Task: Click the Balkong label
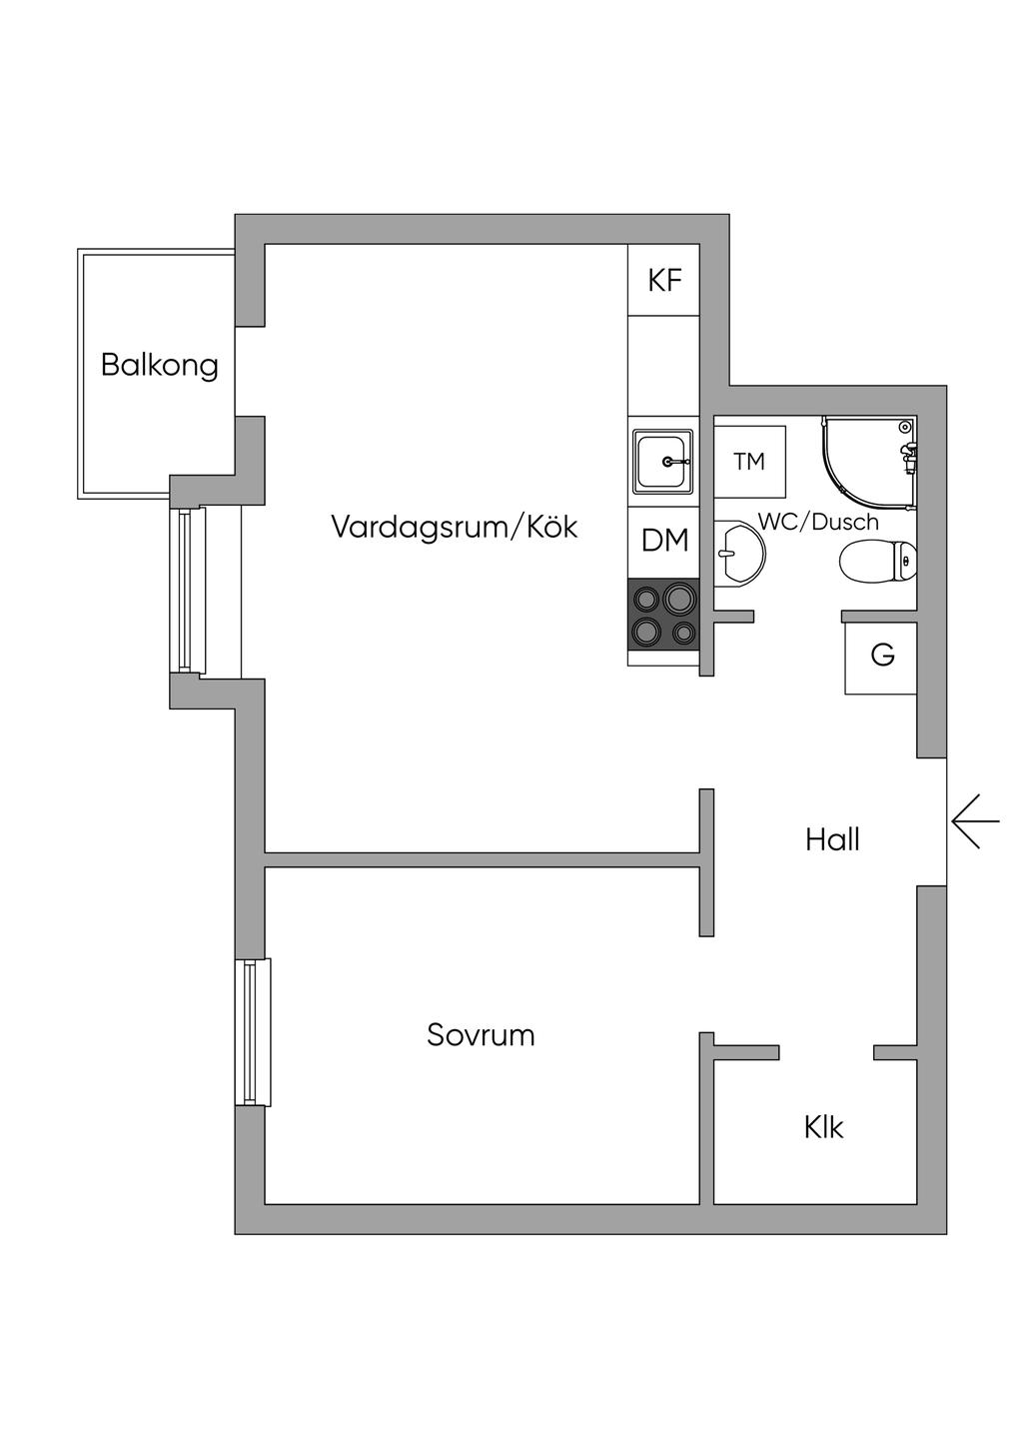[160, 366]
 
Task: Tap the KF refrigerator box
[664, 280]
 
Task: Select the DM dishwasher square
[664, 542]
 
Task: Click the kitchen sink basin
[662, 462]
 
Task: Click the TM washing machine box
[749, 462]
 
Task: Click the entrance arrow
[975, 821]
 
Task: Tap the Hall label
[832, 839]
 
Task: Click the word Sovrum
[481, 1035]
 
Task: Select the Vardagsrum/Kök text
[454, 527]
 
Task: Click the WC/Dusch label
[819, 522]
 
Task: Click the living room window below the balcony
[188, 591]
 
